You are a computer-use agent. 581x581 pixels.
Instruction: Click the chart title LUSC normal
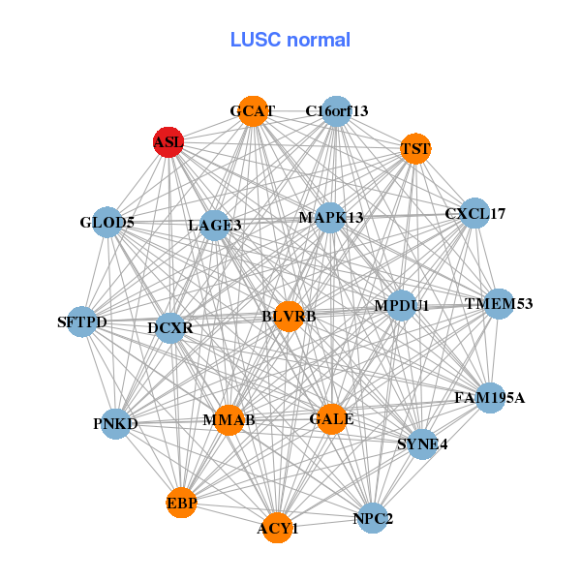pyautogui.click(x=290, y=40)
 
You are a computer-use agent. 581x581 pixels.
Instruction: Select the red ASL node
pyautogui.click(x=168, y=142)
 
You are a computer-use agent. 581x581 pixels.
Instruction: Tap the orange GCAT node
pyautogui.click(x=253, y=111)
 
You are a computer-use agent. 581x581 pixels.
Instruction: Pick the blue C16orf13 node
pyautogui.click(x=336, y=111)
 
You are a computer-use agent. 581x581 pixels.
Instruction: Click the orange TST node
pyautogui.click(x=415, y=149)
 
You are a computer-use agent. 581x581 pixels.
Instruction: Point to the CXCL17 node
pyautogui.click(x=474, y=213)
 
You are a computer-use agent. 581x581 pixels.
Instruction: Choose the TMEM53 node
pyautogui.click(x=499, y=304)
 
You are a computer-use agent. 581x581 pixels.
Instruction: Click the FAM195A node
pyautogui.click(x=490, y=397)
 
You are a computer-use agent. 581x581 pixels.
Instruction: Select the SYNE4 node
pyautogui.click(x=423, y=444)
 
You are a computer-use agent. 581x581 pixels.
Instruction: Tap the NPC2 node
pyautogui.click(x=374, y=518)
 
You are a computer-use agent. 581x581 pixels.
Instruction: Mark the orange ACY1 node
pyautogui.click(x=278, y=528)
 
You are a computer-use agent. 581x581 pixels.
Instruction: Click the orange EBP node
pyautogui.click(x=181, y=504)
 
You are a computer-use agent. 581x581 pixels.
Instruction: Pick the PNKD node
pyautogui.click(x=116, y=424)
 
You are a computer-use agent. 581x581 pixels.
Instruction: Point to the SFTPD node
pyautogui.click(x=82, y=321)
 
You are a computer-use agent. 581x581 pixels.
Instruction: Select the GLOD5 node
pyautogui.click(x=107, y=223)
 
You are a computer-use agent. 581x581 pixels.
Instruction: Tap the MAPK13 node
pyautogui.click(x=331, y=217)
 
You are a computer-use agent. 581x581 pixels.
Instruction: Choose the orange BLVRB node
pyautogui.click(x=289, y=316)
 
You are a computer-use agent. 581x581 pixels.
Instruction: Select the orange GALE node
pyautogui.click(x=331, y=419)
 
